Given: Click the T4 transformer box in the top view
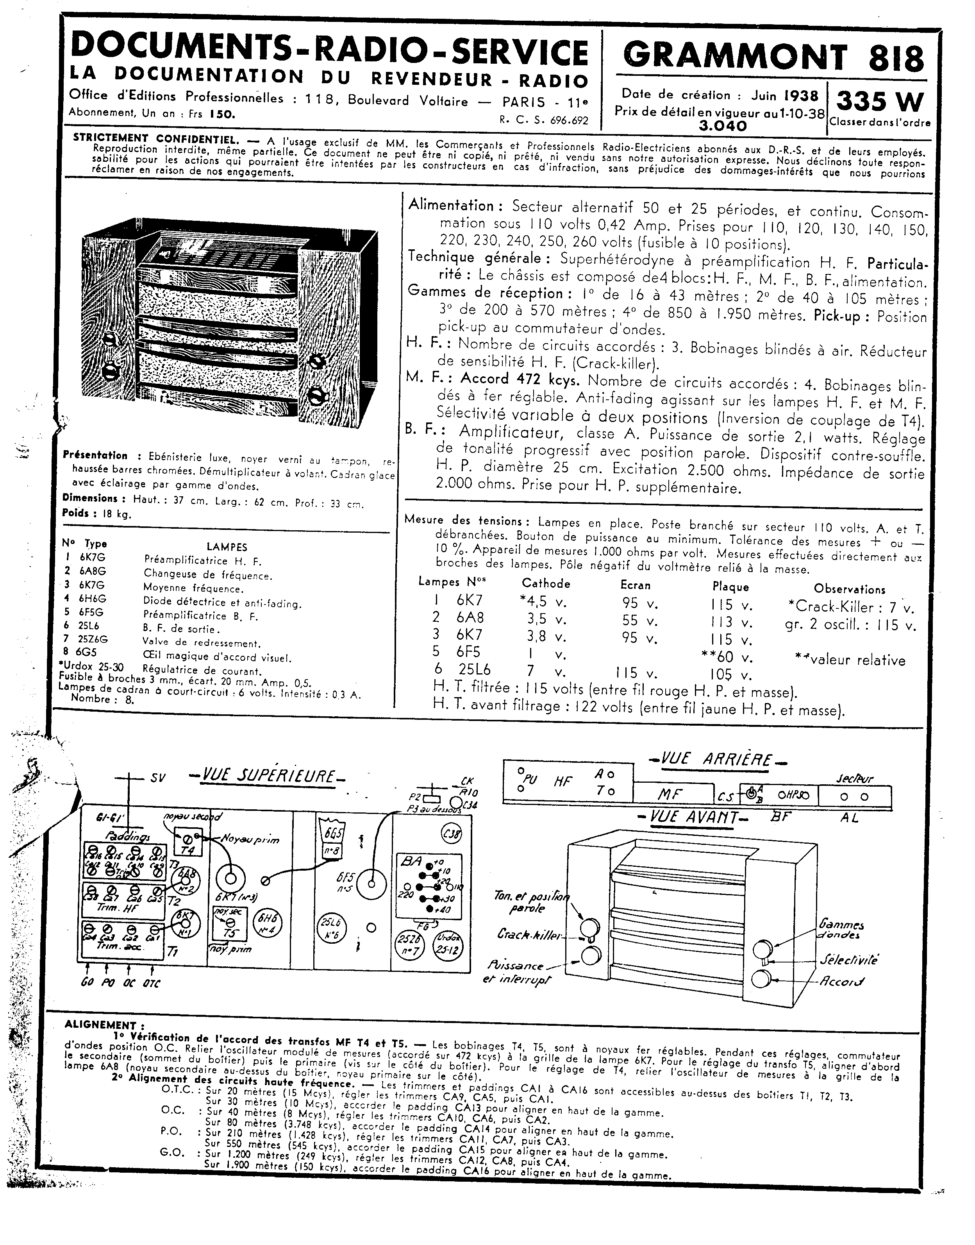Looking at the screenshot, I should pos(188,843).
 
